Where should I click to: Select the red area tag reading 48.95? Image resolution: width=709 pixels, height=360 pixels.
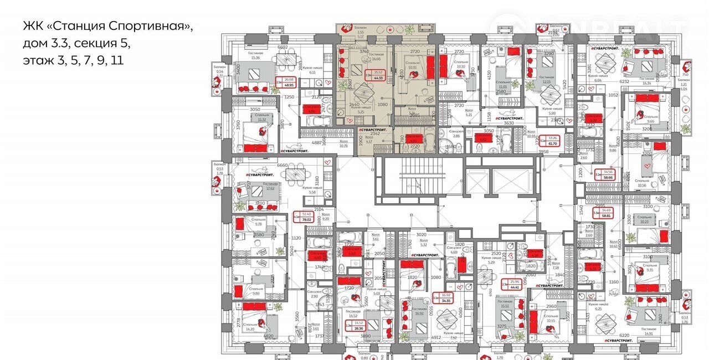(x=289, y=83)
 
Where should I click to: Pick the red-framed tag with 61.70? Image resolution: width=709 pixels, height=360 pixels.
(x=552, y=141)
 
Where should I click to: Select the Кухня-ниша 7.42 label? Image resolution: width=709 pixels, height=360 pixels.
(x=454, y=335)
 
